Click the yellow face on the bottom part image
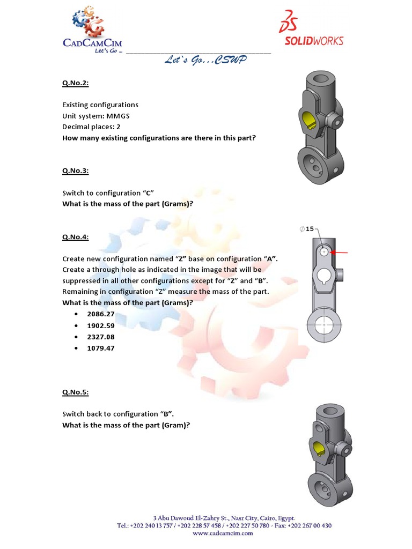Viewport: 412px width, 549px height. click(x=317, y=449)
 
